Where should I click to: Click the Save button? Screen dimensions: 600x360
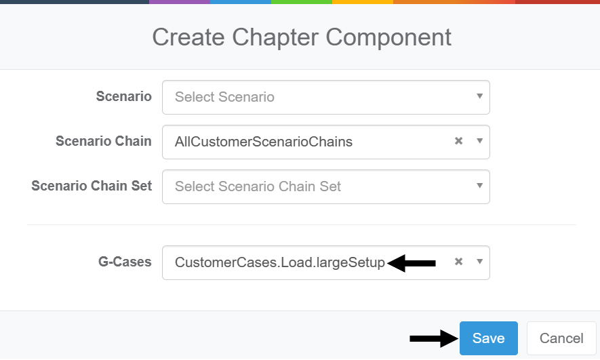[x=488, y=338]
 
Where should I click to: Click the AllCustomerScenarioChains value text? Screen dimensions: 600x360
[x=263, y=142]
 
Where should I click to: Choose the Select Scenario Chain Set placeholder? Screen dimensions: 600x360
[x=258, y=186]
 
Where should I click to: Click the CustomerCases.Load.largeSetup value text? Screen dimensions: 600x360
[x=280, y=262]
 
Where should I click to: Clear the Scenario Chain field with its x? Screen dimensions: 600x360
[x=458, y=142]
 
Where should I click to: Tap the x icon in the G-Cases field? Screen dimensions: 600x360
[x=458, y=262]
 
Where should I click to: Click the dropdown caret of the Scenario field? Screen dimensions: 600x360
[x=479, y=96]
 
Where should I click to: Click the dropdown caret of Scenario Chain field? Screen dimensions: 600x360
[x=479, y=141]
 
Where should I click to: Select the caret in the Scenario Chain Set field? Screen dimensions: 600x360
[x=479, y=186]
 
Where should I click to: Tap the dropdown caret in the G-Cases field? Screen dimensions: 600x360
[x=479, y=262]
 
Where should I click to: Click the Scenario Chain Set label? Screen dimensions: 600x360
[x=92, y=186]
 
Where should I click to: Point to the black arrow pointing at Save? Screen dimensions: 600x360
[x=433, y=338]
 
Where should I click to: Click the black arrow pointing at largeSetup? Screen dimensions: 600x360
[x=412, y=263]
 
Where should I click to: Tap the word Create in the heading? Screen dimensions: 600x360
[x=184, y=37]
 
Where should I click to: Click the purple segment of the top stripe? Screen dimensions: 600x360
[x=179, y=2]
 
